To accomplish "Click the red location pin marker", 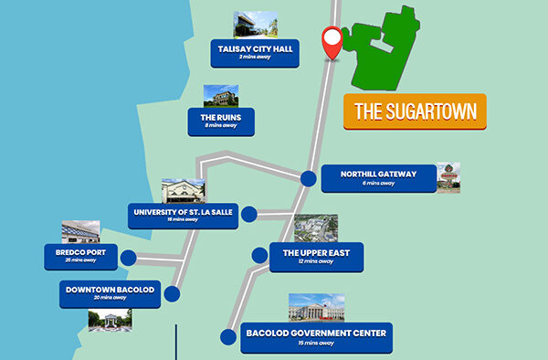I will [332, 42].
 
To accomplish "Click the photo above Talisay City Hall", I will [255, 24].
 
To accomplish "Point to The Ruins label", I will [220, 121].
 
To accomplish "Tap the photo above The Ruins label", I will [220, 96].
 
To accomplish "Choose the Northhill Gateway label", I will [377, 178].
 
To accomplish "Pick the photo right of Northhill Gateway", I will [448, 177].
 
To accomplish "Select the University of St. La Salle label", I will [183, 216].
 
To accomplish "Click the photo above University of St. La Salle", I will [183, 191].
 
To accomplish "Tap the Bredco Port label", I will [81, 256].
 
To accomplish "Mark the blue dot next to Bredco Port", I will [128, 257].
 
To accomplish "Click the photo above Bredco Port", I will [80, 231].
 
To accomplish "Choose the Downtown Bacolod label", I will [109, 293].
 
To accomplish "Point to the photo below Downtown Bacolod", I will [110, 320].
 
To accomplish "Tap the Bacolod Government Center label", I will [316, 337].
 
